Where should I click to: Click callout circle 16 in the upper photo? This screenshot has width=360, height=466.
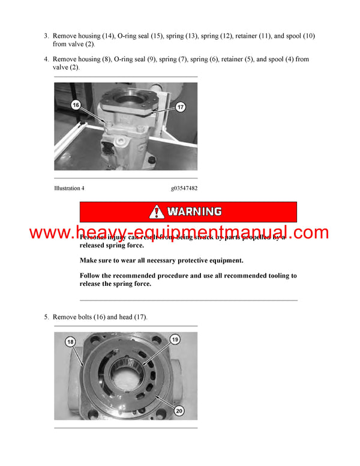[x=76, y=104]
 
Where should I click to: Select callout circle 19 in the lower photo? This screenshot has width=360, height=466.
[x=175, y=339]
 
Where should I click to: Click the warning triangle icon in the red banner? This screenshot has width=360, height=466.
[x=157, y=211]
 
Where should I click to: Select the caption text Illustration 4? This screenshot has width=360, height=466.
[x=69, y=188]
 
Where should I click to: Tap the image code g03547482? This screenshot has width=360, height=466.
[x=184, y=188]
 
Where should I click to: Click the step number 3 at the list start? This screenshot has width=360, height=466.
[x=46, y=36]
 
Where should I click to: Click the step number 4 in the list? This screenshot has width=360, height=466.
[x=46, y=59]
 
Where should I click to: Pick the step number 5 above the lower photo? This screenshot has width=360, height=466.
[x=46, y=316]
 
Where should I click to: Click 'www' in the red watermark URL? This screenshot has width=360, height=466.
[x=48, y=233]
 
